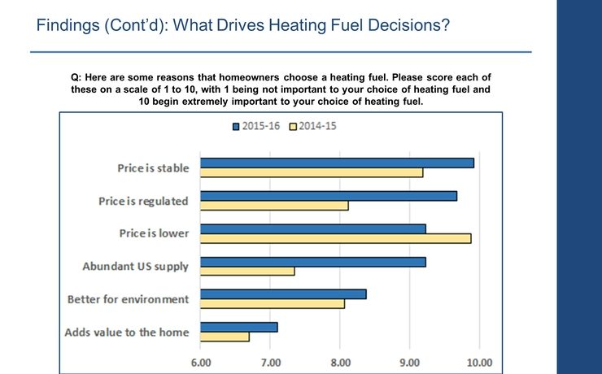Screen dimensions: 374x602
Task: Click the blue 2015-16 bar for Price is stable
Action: click(337, 163)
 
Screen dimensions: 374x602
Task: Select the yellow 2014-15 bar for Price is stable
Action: click(312, 172)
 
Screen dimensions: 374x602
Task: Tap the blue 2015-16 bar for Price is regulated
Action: click(329, 196)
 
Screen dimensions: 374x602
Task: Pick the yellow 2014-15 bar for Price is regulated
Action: click(274, 206)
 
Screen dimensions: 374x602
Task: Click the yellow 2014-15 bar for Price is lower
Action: click(335, 238)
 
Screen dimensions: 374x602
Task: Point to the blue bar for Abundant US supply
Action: click(312, 262)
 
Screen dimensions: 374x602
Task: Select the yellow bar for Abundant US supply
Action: click(247, 272)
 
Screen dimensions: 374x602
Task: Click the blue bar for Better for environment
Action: click(283, 294)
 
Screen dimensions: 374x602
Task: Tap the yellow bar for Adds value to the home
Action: click(225, 337)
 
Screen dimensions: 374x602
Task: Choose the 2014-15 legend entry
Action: click(315, 126)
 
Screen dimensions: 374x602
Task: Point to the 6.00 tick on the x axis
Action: click(201, 361)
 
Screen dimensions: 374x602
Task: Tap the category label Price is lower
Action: click(154, 233)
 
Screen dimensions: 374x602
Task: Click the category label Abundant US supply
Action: click(136, 266)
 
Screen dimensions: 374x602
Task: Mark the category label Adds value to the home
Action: click(127, 332)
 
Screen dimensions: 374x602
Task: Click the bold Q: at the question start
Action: click(77, 77)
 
